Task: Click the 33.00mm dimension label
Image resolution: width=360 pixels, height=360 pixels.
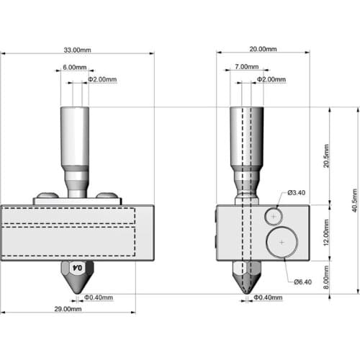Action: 77,50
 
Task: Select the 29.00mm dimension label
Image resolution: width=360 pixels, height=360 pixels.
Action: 68,309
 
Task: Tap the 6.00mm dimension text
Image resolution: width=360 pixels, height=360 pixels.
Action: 75,67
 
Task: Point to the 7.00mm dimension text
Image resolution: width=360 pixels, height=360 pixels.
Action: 247,67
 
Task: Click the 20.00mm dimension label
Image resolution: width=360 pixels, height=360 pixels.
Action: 263,49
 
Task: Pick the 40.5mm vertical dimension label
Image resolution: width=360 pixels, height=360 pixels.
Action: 355,200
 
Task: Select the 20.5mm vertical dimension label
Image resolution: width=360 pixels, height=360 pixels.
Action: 326,156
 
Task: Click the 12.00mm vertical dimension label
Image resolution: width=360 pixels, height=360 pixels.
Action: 326,233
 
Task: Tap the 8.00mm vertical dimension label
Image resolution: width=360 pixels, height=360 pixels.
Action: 326,277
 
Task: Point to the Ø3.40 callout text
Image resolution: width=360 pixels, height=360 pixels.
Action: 297,193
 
